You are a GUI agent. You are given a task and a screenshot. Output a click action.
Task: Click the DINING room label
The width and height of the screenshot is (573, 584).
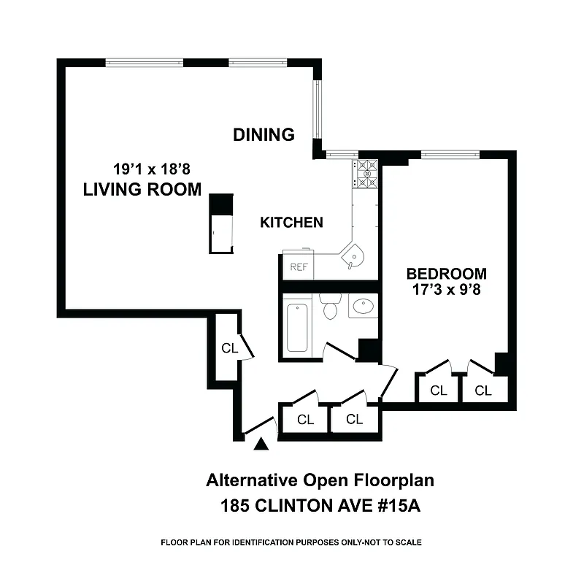[x=264, y=134]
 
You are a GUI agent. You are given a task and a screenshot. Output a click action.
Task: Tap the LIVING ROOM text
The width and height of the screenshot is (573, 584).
[x=142, y=190]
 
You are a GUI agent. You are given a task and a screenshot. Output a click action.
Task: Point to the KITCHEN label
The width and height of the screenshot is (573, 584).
[x=291, y=223]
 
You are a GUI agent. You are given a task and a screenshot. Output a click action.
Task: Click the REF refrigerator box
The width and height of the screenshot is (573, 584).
[x=299, y=266]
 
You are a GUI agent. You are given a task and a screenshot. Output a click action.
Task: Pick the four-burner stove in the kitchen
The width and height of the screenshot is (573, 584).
[x=366, y=174]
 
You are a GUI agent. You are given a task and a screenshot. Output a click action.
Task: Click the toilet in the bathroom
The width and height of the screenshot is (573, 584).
[x=330, y=306]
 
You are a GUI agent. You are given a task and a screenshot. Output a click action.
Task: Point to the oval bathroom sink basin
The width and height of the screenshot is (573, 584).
[x=363, y=307]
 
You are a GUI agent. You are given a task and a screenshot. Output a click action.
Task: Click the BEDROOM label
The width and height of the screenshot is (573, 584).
[x=446, y=274]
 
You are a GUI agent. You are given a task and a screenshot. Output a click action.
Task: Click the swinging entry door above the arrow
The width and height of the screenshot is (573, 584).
[x=259, y=426]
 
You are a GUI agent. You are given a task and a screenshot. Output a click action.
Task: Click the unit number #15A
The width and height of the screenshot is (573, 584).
[x=396, y=504]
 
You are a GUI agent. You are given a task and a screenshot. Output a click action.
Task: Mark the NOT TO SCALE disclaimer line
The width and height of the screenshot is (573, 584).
[x=291, y=542]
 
